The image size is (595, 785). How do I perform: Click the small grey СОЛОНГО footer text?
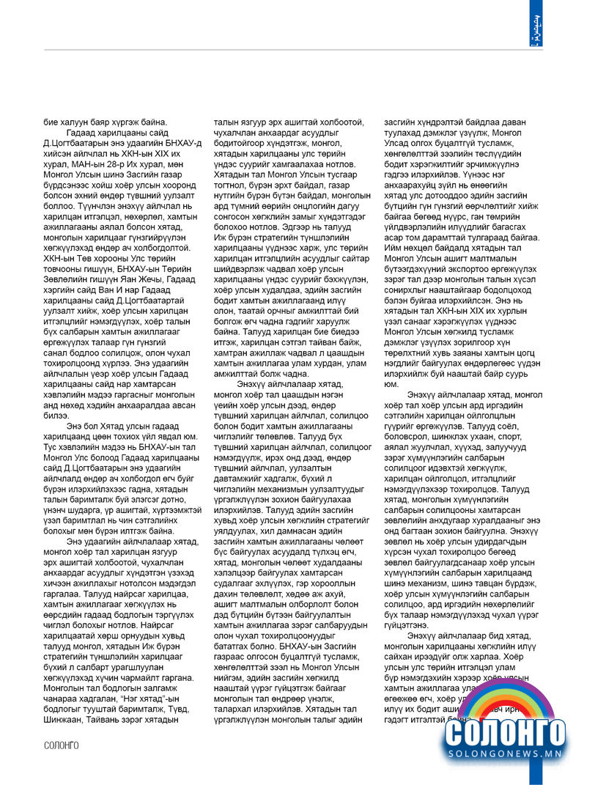click(62, 745)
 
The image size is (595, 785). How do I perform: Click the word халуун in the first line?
click(73, 122)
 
